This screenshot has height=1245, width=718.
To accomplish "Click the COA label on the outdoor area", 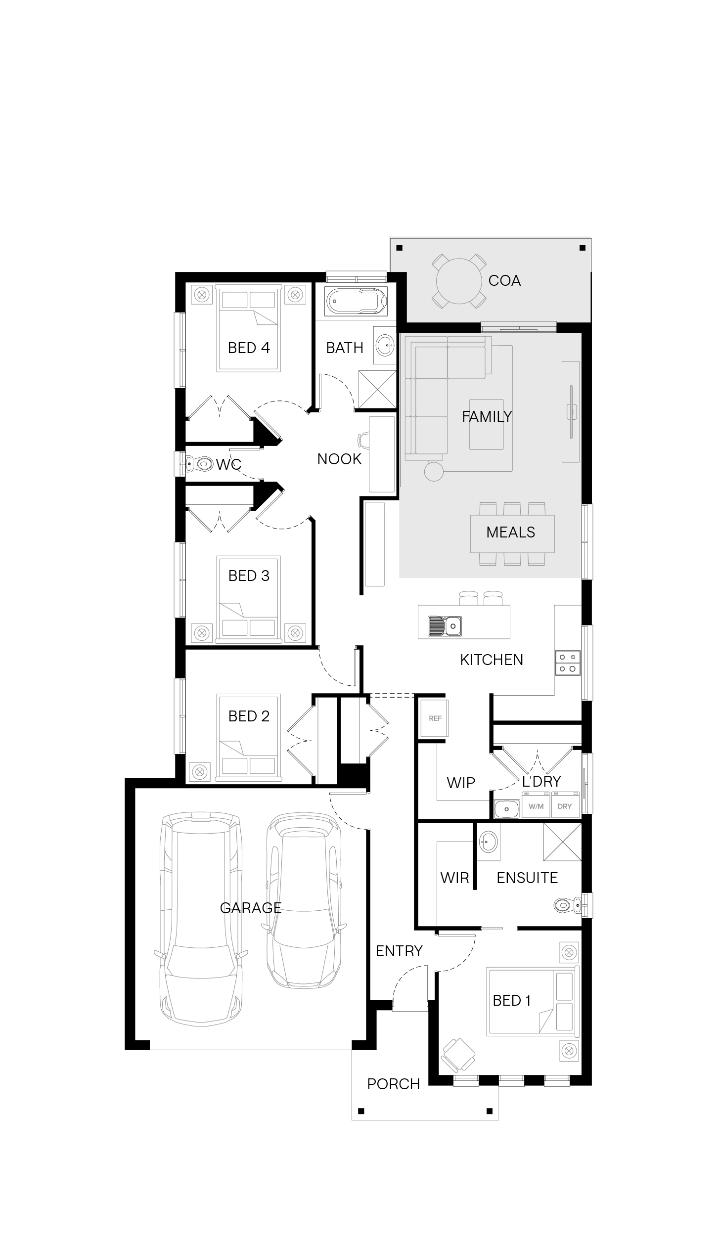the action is [x=504, y=280].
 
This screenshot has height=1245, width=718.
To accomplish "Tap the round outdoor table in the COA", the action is [x=459, y=281].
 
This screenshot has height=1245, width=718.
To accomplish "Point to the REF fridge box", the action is [x=435, y=718].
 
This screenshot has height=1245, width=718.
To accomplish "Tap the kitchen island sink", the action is [x=445, y=626].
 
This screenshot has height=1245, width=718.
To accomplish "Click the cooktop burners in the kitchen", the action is [x=567, y=663].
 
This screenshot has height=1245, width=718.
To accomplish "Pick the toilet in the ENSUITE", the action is [x=568, y=905].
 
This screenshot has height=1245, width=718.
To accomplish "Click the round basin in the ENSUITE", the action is [x=489, y=841].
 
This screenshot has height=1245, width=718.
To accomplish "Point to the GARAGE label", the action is [x=251, y=907].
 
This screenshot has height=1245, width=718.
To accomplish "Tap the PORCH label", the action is [x=394, y=1084].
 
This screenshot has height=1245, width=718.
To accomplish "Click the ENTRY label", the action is [x=399, y=951].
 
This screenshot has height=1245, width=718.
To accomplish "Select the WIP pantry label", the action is [x=461, y=783].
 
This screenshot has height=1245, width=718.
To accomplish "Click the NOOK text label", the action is [x=340, y=459].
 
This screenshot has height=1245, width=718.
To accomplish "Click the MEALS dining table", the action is [x=512, y=534].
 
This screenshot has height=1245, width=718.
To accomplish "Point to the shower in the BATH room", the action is [x=377, y=389].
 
